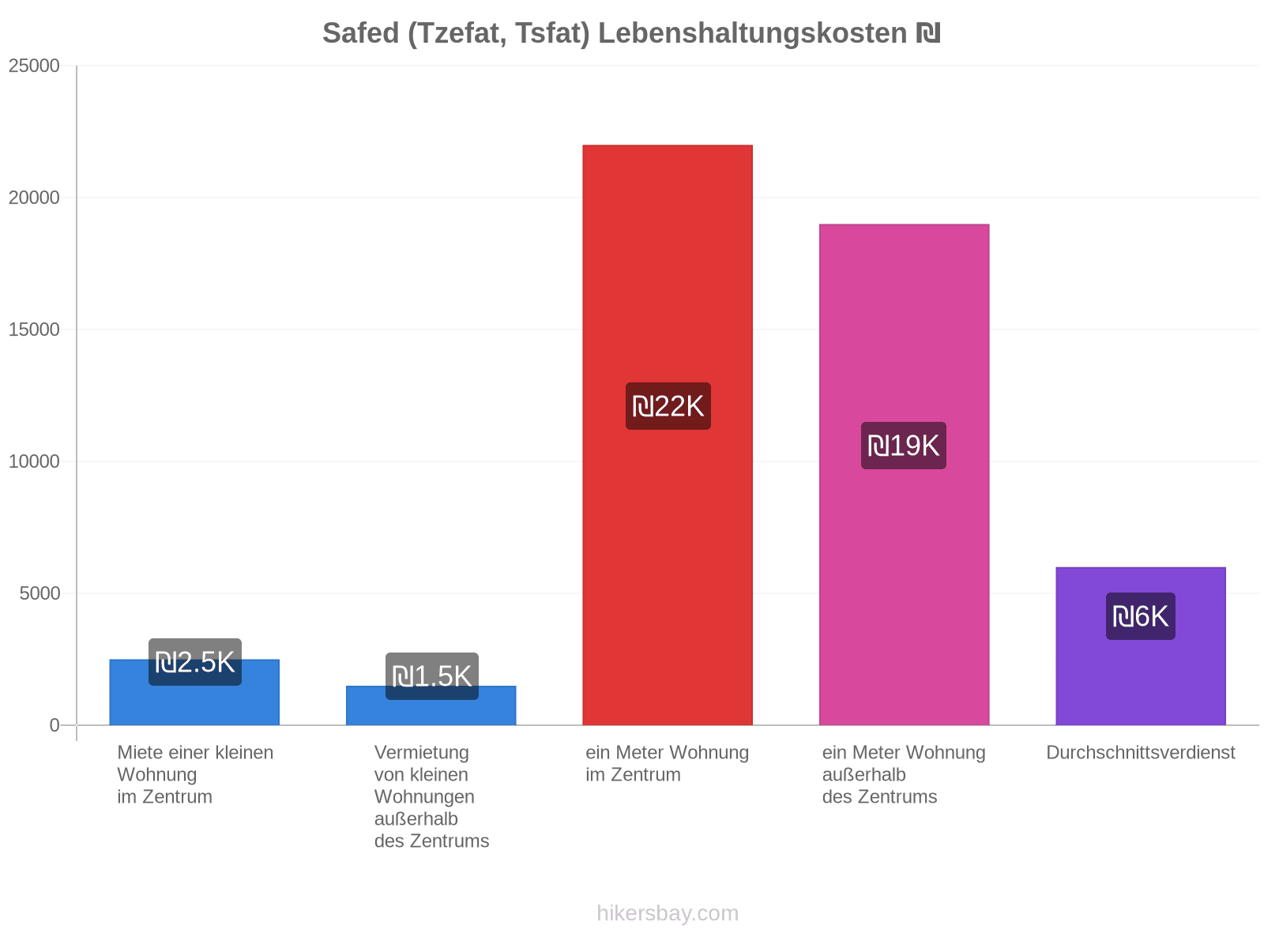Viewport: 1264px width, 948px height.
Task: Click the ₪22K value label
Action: (x=668, y=406)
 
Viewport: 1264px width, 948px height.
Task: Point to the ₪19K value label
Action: (x=904, y=446)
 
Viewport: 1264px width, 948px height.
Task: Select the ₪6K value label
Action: (x=1140, y=616)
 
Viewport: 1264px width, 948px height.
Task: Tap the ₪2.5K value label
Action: (x=195, y=662)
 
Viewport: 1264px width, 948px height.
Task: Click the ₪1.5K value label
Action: (x=432, y=675)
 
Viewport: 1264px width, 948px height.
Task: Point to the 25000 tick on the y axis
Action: (x=34, y=66)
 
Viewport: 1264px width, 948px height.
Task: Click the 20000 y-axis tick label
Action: (x=34, y=197)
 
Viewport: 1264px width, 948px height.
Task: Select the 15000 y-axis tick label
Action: (x=34, y=329)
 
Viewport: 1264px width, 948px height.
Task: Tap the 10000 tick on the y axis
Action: (x=34, y=461)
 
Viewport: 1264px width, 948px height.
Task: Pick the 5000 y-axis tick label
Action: (x=39, y=592)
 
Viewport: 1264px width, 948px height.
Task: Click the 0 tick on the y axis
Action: (x=55, y=724)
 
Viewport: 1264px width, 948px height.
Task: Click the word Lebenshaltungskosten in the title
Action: (x=753, y=33)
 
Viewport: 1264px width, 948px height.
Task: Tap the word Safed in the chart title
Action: (x=360, y=33)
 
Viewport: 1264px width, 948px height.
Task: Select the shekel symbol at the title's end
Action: (x=928, y=33)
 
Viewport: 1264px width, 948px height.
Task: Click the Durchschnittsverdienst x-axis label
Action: (x=1140, y=752)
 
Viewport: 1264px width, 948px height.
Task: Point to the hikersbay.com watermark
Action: (x=668, y=913)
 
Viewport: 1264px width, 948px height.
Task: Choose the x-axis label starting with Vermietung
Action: (x=431, y=796)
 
